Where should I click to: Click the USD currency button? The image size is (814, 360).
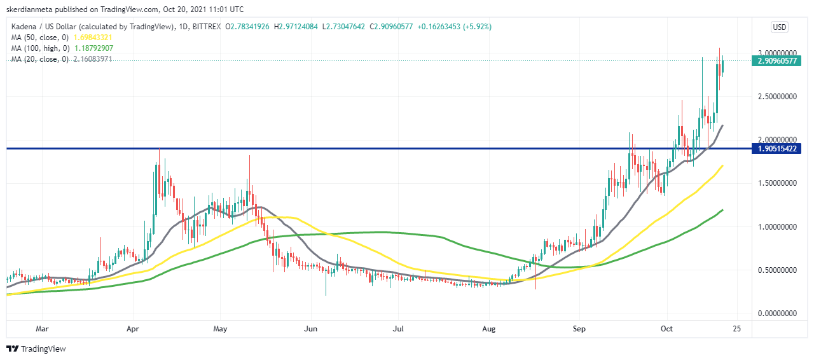pos(779,27)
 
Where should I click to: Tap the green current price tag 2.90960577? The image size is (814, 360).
pos(776,62)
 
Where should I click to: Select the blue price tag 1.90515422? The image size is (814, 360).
pos(776,149)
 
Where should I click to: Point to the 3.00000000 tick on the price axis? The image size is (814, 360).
pos(777,53)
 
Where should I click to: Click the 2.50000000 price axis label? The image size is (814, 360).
pos(777,97)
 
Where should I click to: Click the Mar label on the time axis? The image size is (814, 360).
pos(43,329)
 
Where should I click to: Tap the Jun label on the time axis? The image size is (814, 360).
pos(311,329)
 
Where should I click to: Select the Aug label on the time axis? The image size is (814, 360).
pos(489,329)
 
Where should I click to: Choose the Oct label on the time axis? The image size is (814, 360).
pos(666,329)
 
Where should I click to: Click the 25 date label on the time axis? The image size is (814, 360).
pos(736,329)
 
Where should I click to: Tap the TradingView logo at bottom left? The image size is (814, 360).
pos(36,349)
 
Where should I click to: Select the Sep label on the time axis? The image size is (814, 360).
pos(579,329)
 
